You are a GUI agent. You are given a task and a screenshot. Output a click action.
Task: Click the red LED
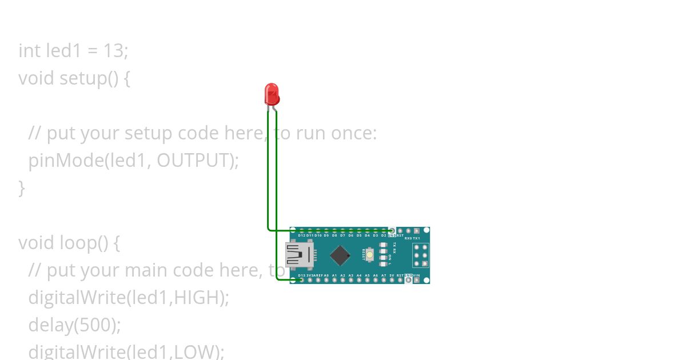click(272, 94)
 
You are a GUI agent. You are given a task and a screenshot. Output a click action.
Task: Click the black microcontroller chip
click(340, 255)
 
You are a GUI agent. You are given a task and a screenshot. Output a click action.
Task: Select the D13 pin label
click(302, 275)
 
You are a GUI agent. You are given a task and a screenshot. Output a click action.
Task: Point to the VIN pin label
click(416, 275)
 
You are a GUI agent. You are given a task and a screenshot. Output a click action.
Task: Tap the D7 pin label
click(342, 235)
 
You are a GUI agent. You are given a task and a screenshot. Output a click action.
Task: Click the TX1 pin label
click(416, 238)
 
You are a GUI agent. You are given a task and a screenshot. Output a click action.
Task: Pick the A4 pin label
click(359, 275)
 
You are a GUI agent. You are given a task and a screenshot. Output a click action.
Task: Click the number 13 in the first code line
click(113, 51)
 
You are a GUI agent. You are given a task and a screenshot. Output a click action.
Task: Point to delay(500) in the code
click(74, 325)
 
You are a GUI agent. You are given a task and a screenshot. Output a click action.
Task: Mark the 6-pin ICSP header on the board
click(421, 255)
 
